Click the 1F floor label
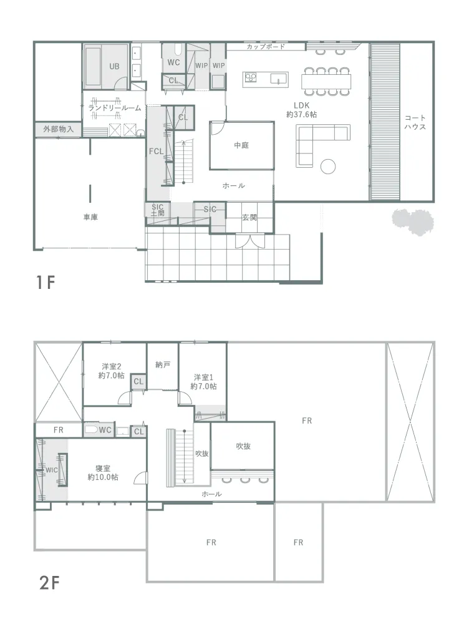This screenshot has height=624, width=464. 45,283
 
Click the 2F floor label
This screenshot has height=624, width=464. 49,583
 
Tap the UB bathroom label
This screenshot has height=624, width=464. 115,67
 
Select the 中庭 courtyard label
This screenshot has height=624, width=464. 241,145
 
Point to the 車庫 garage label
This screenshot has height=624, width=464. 90,217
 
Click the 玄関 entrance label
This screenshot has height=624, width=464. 249,217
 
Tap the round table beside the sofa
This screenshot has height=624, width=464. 328,167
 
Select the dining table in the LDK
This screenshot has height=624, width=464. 326,82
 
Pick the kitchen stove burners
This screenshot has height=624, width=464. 251,77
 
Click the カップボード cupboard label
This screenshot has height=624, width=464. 266,47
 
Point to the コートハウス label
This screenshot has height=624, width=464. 415,122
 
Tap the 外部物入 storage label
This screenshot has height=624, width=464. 59,129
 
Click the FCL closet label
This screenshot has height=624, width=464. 157,151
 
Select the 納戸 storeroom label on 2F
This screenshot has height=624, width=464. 163,364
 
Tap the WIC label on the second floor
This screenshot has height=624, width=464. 51,470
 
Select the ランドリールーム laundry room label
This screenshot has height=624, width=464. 115,108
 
